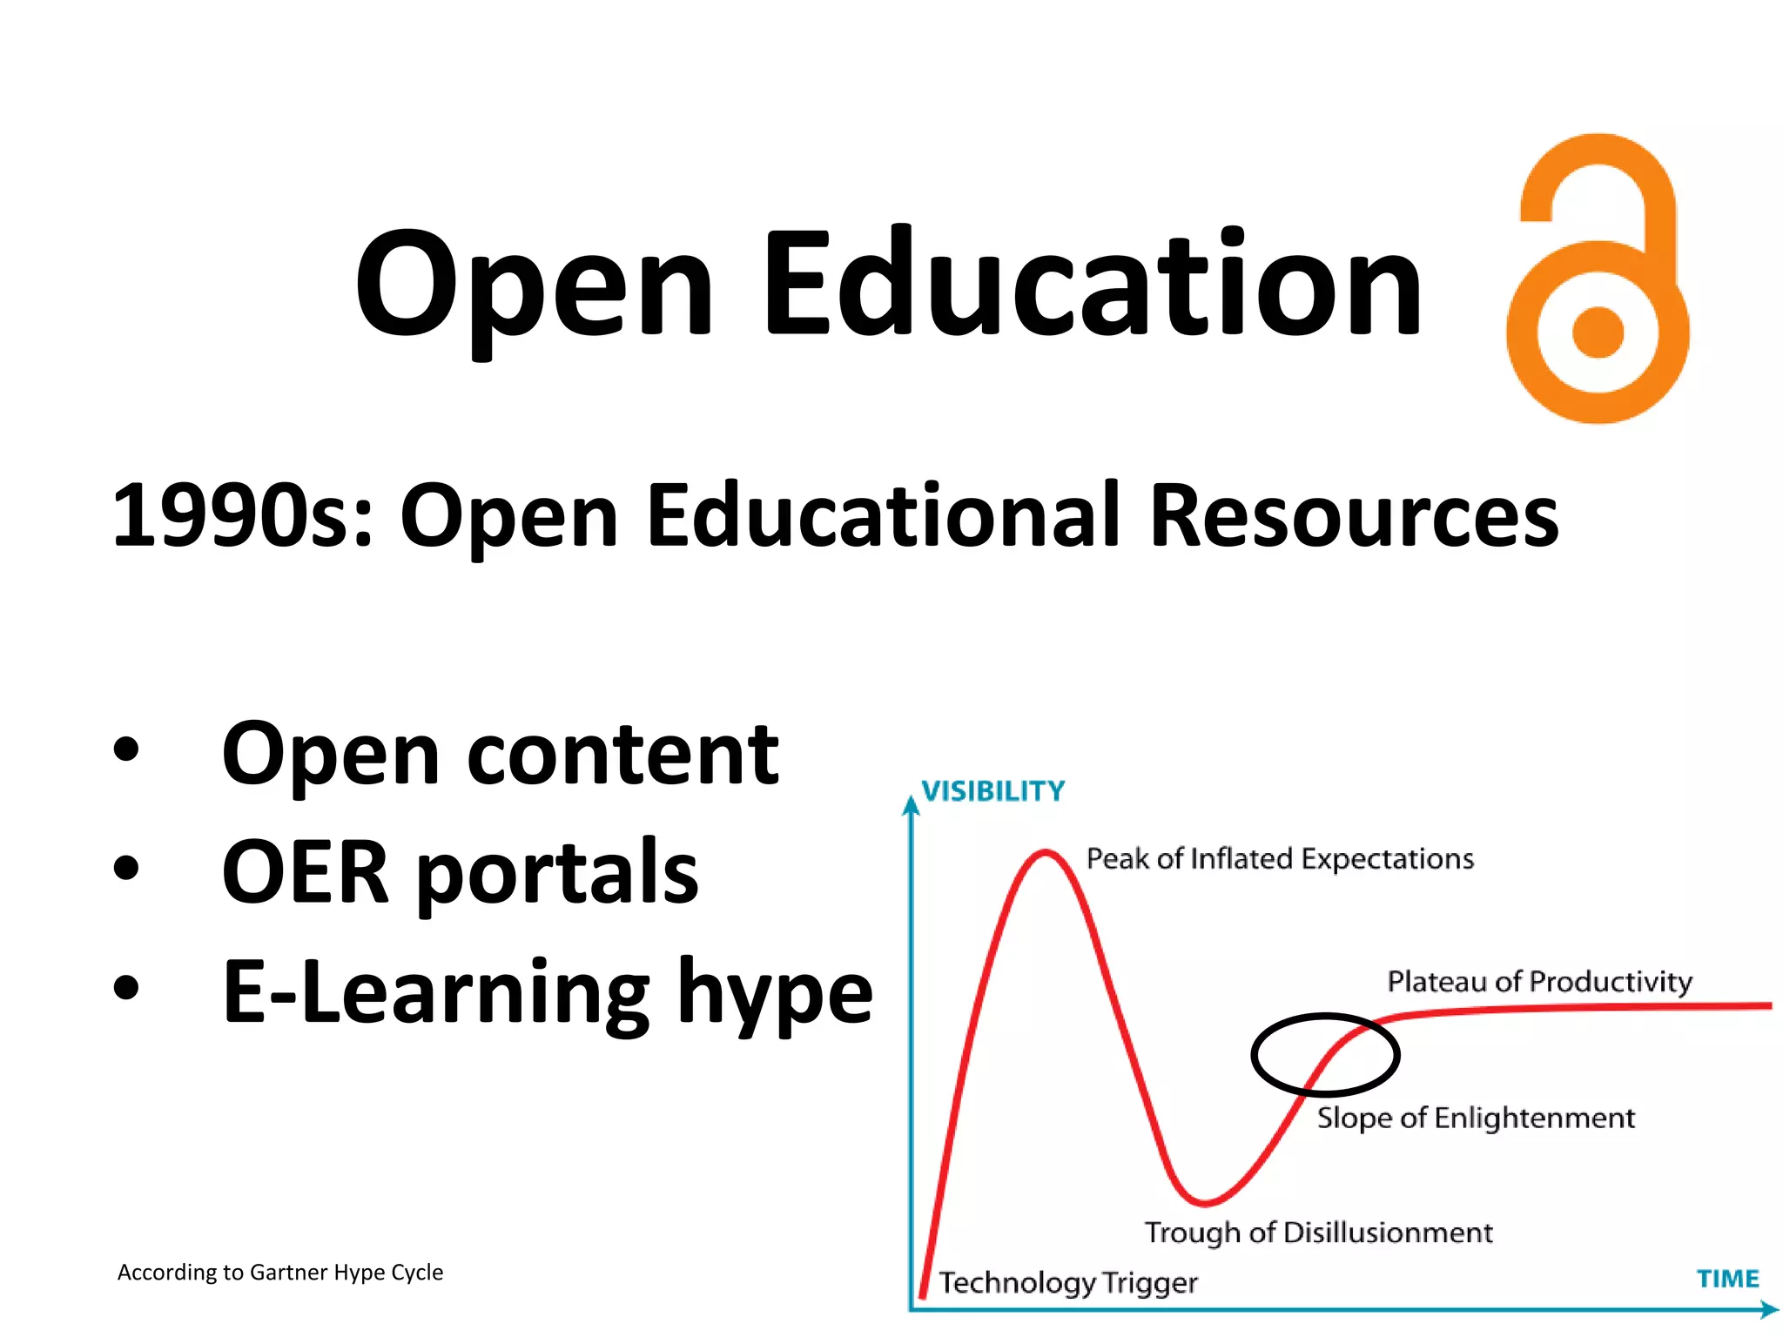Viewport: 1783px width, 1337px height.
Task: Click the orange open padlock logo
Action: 1598,279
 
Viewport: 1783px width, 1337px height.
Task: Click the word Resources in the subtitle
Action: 1354,516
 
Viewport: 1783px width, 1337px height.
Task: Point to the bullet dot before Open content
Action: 126,749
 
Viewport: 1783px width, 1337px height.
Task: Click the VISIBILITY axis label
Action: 993,790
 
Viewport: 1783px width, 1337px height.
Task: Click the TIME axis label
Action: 1727,1279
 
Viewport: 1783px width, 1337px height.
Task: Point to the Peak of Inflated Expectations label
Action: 1280,859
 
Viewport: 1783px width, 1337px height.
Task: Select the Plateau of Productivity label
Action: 1539,982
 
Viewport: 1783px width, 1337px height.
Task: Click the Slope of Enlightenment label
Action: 1476,1118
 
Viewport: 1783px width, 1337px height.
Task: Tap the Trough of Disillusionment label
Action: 1318,1233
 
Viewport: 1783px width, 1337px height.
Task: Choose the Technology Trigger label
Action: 1068,1283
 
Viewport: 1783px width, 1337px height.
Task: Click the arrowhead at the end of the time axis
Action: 1769,1308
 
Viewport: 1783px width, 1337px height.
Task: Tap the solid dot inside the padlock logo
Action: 1598,333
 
